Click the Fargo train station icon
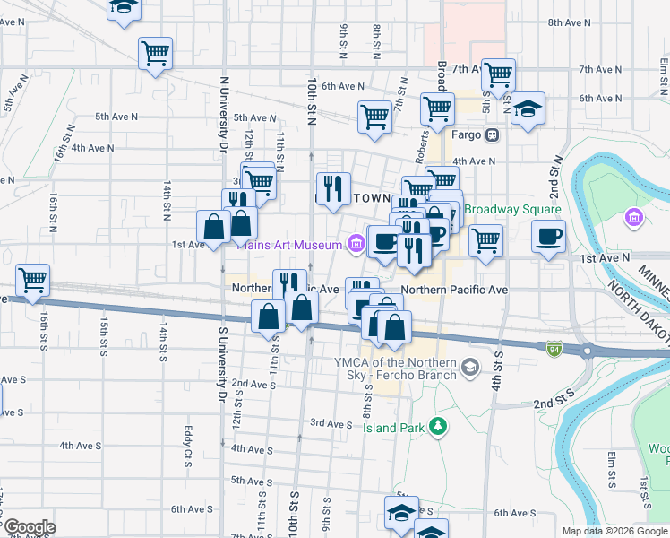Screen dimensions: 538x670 492,135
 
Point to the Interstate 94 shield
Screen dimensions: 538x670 554,346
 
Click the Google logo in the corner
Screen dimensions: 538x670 29,527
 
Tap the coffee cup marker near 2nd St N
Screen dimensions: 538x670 548,238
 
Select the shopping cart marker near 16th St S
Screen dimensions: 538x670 33,280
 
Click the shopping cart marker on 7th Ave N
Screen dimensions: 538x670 497,75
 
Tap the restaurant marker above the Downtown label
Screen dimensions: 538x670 333,188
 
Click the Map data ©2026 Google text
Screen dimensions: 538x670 614,531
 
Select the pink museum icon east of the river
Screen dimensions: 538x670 634,218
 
